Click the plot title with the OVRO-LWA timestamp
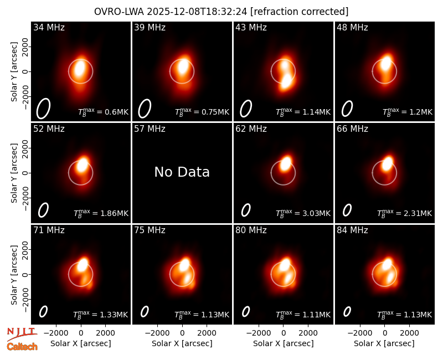tap(221, 12)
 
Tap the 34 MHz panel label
tap(49, 27)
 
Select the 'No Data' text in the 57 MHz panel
tap(182, 172)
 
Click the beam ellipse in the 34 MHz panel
tap(43, 108)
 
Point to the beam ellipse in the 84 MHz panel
tap(347, 311)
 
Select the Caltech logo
tap(22, 347)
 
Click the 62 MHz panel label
tap(251, 129)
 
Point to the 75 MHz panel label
tap(150, 230)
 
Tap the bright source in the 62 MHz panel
tap(286, 163)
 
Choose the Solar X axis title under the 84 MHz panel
tap(384, 343)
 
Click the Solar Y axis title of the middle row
tap(14, 173)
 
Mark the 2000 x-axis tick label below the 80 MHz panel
tap(308, 333)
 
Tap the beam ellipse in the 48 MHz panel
tap(347, 109)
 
